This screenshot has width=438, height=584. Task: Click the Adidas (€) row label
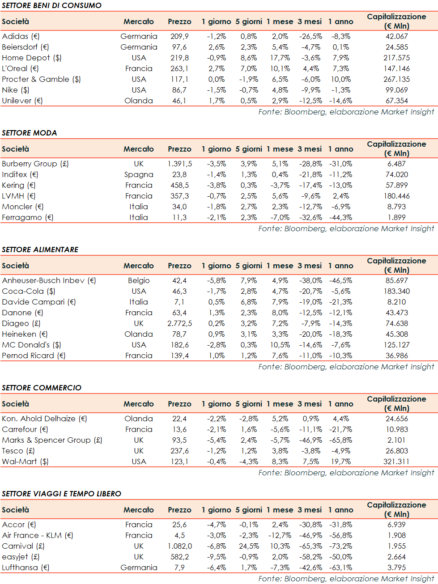tap(21, 36)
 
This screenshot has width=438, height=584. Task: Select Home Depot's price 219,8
tap(179, 58)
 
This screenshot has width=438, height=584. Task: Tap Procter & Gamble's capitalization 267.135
tap(396, 79)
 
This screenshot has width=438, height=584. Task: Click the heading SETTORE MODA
tap(30, 133)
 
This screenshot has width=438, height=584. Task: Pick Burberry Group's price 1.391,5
tap(179, 164)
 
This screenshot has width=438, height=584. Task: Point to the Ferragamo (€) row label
tap(28, 217)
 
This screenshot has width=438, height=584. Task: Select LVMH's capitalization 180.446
tap(396, 196)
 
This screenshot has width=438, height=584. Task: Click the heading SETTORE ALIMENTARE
tap(40, 250)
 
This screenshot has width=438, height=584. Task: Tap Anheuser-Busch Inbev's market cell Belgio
tap(139, 280)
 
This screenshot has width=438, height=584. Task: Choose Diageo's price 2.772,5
tap(179, 323)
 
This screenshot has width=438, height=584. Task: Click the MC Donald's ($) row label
tap(31, 345)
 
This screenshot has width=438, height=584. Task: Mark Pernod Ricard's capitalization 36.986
tap(396, 355)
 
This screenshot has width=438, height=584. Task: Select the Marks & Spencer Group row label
tap(52, 440)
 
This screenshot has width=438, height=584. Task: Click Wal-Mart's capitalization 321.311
tap(396, 461)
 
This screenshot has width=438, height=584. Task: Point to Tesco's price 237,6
tap(179, 451)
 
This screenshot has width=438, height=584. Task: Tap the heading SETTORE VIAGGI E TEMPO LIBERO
tap(61, 494)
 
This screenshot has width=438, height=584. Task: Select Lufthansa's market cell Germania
tap(139, 567)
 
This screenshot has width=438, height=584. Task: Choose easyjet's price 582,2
tap(179, 557)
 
